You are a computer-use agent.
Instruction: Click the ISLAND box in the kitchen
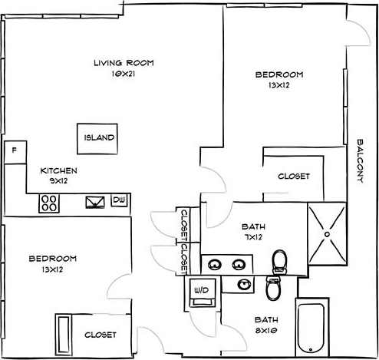[x=99, y=138]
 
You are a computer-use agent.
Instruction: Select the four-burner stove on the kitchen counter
[x=51, y=203]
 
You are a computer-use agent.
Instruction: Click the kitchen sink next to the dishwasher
[x=96, y=203]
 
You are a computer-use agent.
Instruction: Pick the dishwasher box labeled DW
[x=118, y=200]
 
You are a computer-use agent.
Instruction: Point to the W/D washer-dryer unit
[x=203, y=291]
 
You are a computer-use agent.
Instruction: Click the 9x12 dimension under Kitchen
[x=58, y=181]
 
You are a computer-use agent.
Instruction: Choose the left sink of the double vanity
[x=215, y=266]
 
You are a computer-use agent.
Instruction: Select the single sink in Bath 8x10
[x=244, y=285]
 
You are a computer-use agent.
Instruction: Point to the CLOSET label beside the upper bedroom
[x=293, y=176]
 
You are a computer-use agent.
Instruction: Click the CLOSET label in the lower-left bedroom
[x=100, y=335]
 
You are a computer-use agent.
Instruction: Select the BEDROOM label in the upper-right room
[x=279, y=74]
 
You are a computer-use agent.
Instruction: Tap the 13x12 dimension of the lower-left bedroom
[x=53, y=270]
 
